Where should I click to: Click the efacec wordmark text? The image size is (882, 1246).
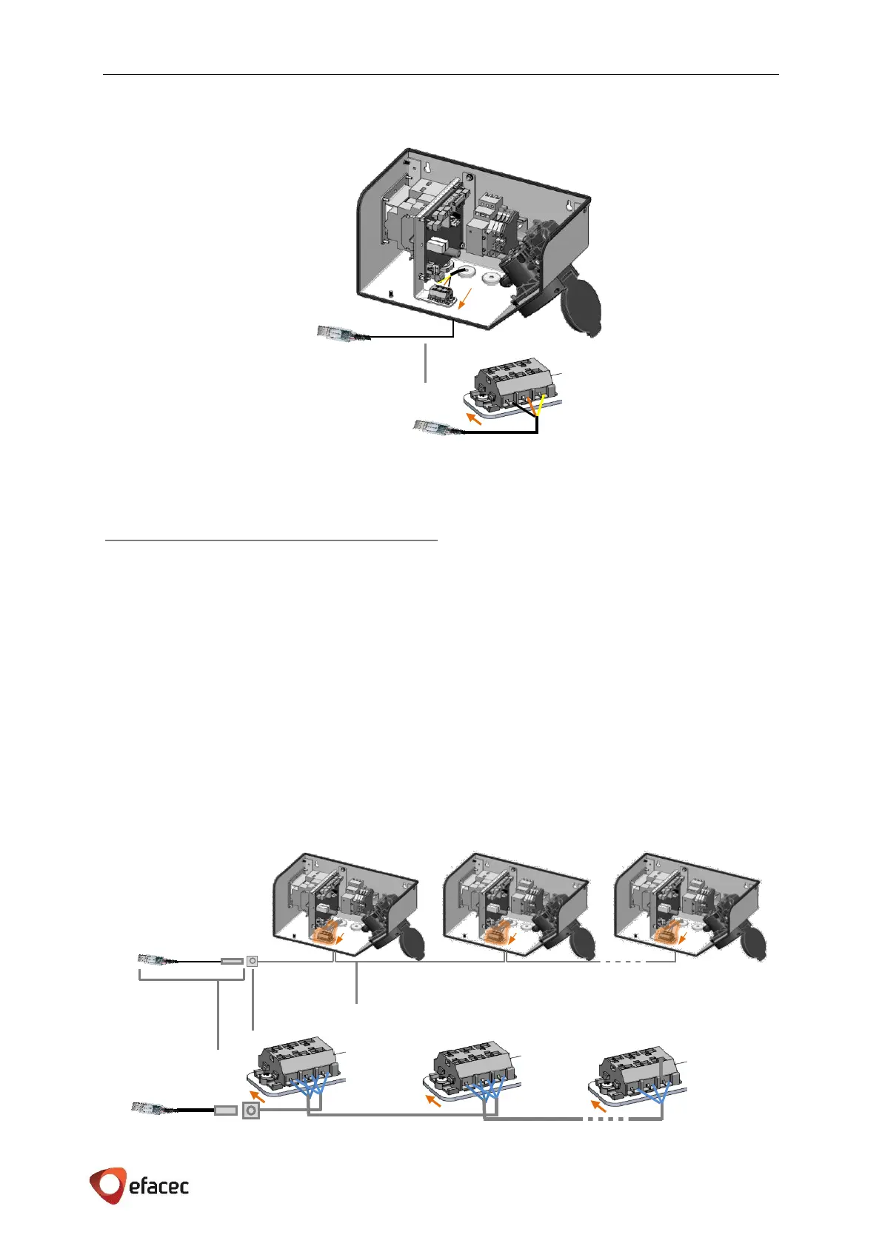tap(158, 1187)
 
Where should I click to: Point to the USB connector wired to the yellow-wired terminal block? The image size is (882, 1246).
tap(431, 427)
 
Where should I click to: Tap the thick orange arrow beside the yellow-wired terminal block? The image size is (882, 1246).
tap(472, 420)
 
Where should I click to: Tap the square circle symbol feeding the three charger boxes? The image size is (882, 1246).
tap(252, 961)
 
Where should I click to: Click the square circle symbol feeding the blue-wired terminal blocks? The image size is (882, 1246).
tap(251, 1111)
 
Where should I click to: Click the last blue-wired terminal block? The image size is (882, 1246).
tap(638, 1071)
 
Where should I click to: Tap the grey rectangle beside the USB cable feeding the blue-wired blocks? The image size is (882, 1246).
tap(225, 1111)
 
